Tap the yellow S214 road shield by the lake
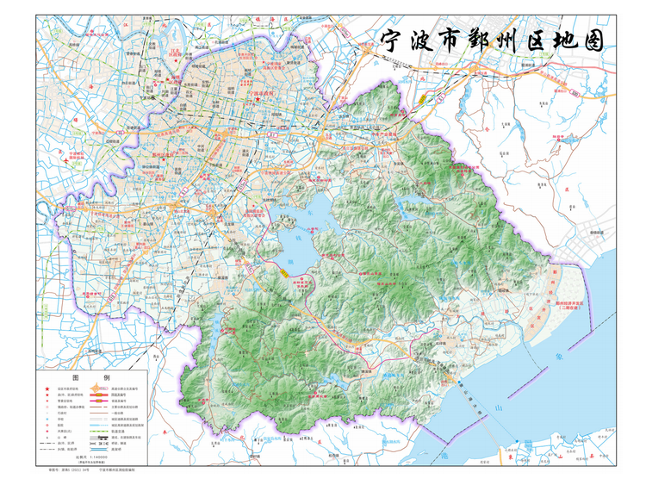pos(284,272)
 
